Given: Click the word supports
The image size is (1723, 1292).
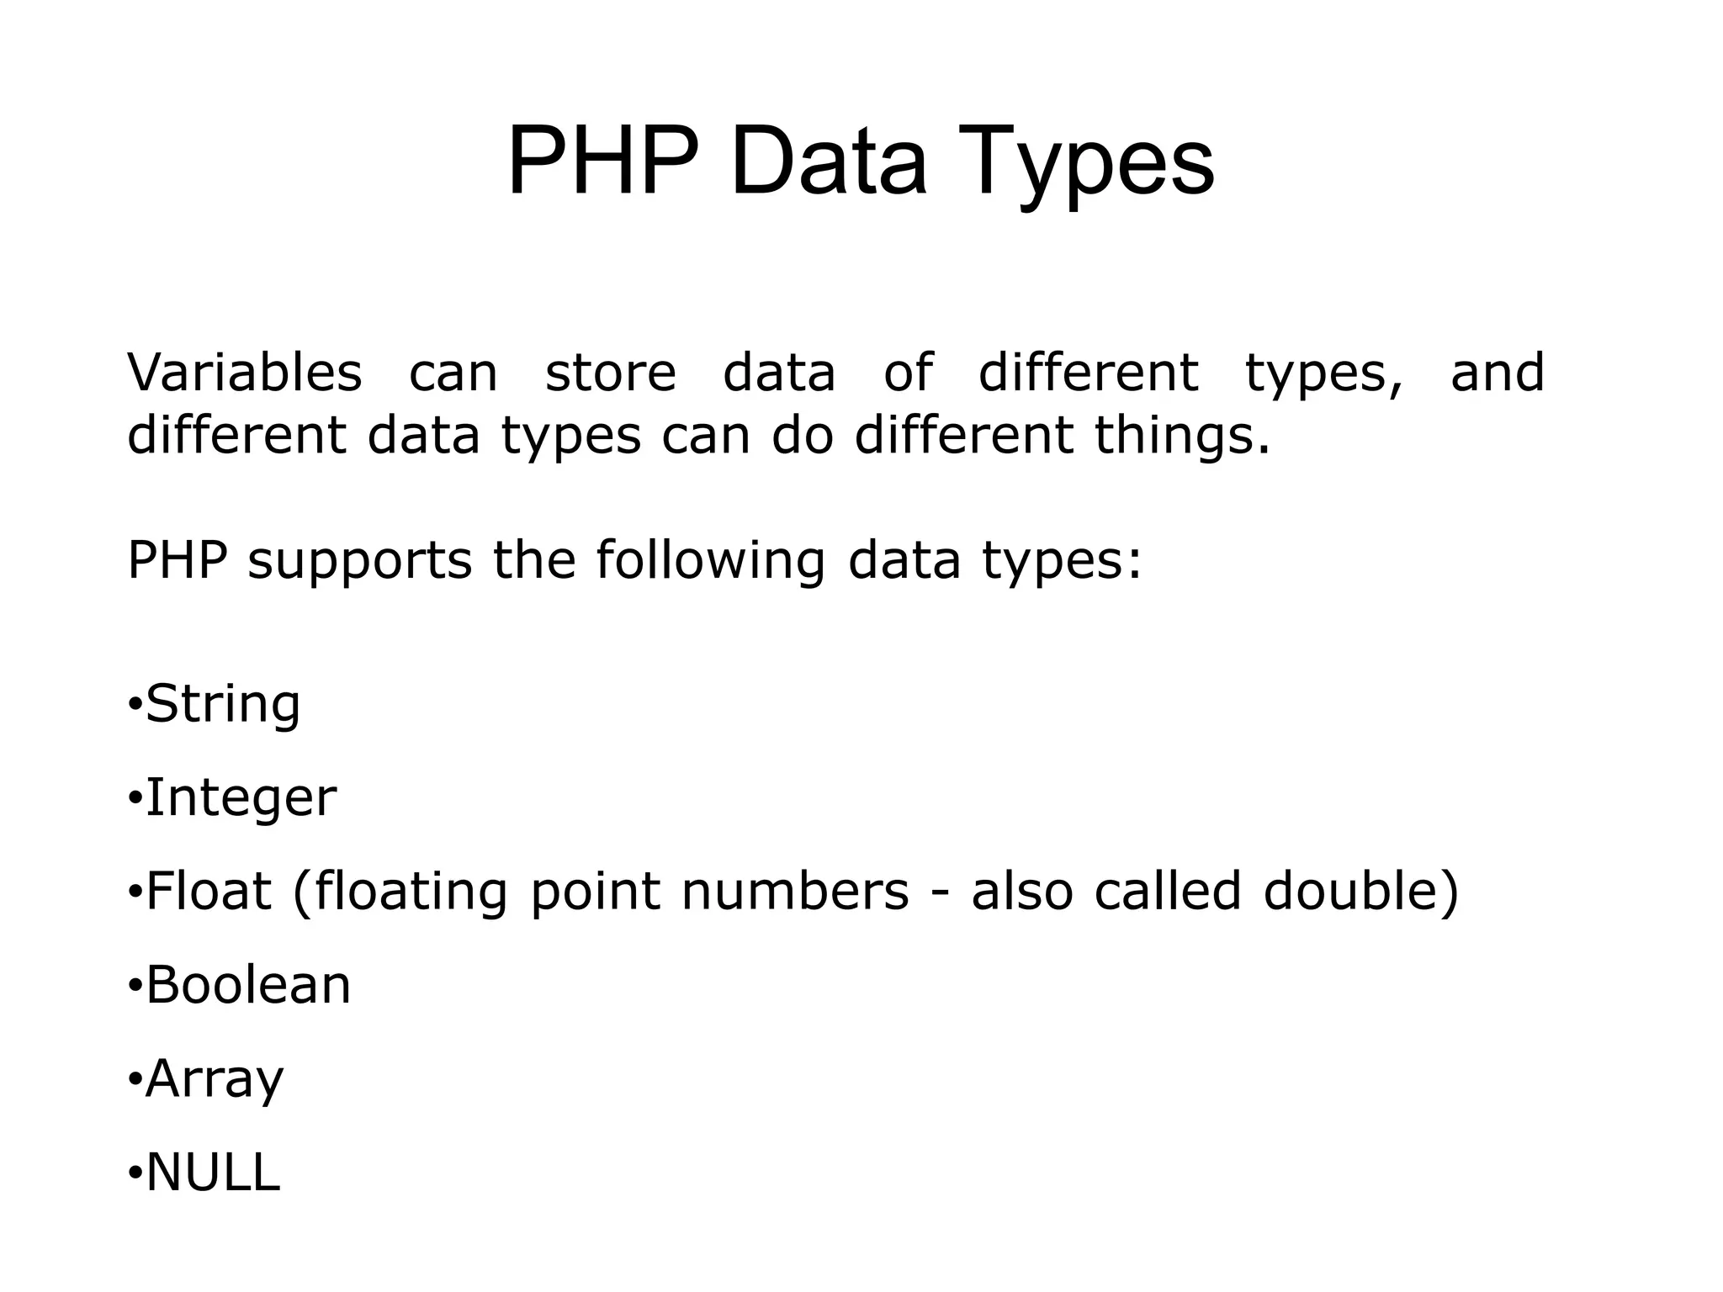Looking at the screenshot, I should point(359,561).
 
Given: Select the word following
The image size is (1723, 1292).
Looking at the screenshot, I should point(710,561).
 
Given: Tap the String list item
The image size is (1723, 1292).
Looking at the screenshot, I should point(223,704).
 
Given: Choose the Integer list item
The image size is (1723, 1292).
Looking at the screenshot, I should point(241,798).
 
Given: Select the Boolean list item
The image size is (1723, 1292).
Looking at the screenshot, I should point(248,985).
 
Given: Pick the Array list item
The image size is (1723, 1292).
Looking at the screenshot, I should point(215,1079).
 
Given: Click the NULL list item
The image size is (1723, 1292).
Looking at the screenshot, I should point(213,1173).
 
